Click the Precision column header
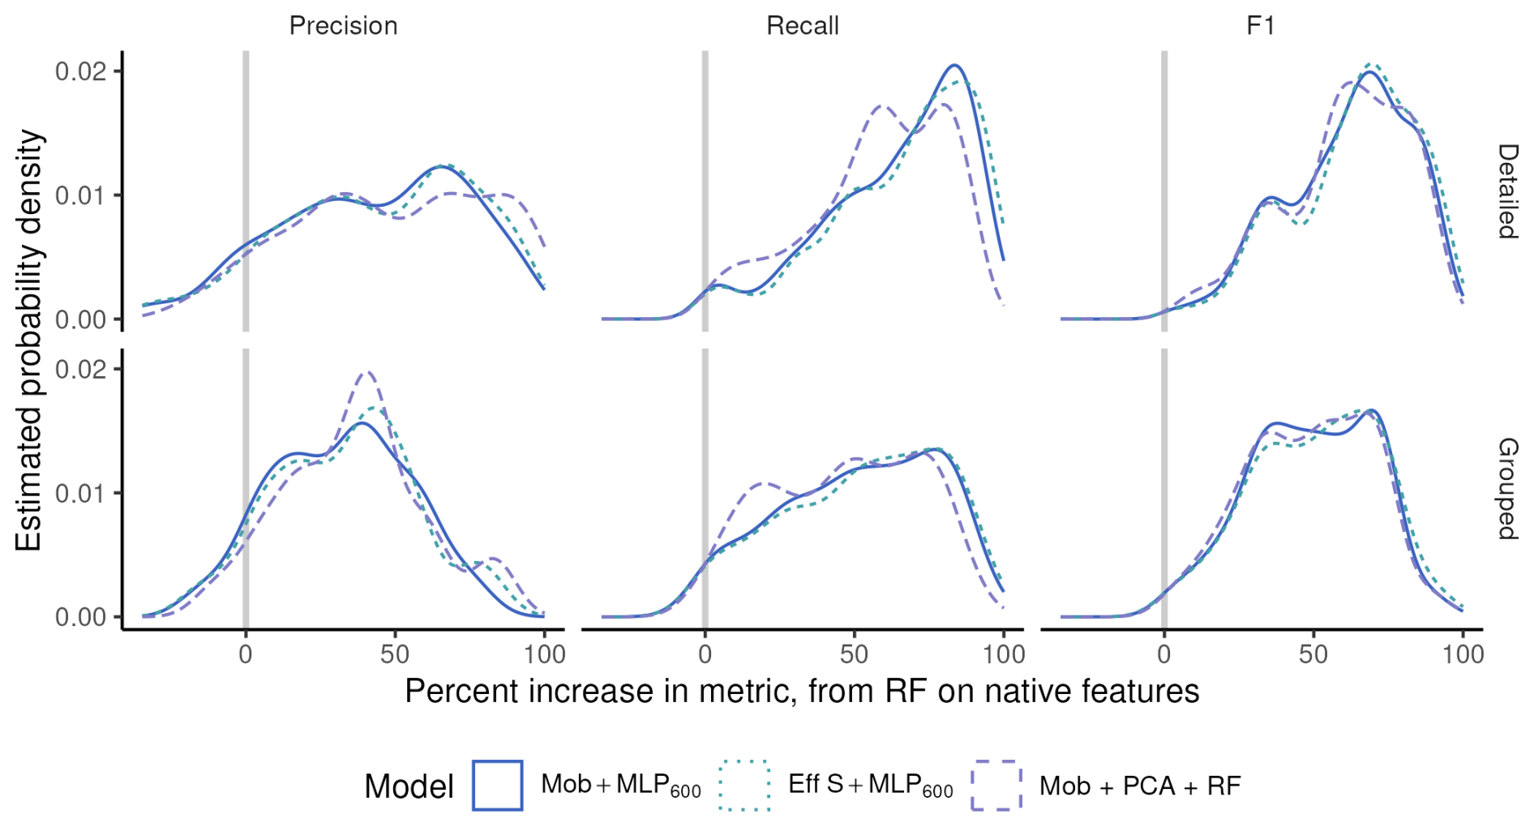(x=343, y=26)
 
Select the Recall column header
(x=802, y=26)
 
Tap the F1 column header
(x=1261, y=26)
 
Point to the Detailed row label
(x=1506, y=191)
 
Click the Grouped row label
(x=1506, y=489)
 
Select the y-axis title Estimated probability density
(x=29, y=341)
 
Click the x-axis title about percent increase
(x=802, y=692)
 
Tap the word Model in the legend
(x=409, y=786)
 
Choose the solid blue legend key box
(x=498, y=786)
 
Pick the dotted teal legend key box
(x=744, y=786)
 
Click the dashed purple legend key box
(x=996, y=786)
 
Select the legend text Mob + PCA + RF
(x=1140, y=786)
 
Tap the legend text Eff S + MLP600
(x=871, y=786)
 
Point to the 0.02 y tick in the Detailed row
(x=80, y=71)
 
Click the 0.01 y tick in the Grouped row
(x=80, y=493)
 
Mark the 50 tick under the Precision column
(x=395, y=654)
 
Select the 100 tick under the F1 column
(x=1463, y=654)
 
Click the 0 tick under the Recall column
(x=705, y=654)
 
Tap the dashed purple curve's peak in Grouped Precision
(x=367, y=372)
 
